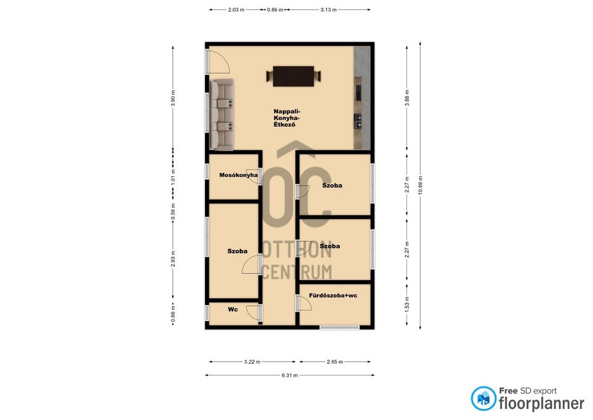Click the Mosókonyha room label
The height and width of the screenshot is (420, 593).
238,175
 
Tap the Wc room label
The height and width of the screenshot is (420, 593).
233,309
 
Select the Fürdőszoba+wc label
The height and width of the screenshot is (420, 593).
333,296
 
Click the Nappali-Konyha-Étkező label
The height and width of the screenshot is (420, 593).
287,118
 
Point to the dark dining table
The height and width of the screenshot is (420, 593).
293,76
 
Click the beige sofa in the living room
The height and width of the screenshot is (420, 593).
222,115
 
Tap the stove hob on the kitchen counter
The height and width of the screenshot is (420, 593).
358,122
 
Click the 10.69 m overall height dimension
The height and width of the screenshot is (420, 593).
421,186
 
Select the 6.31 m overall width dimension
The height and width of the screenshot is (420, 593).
290,375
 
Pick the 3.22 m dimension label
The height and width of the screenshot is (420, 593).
252,362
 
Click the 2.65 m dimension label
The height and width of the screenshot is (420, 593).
335,362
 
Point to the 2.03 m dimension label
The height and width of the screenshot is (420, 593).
236,10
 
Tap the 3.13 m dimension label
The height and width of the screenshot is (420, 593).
328,10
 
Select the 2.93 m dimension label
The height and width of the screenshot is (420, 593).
173,259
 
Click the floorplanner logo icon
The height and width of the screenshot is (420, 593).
483,398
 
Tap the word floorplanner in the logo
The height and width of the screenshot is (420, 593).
542,403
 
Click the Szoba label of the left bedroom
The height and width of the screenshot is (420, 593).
237,251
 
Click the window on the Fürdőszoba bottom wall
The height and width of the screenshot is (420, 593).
340,327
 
